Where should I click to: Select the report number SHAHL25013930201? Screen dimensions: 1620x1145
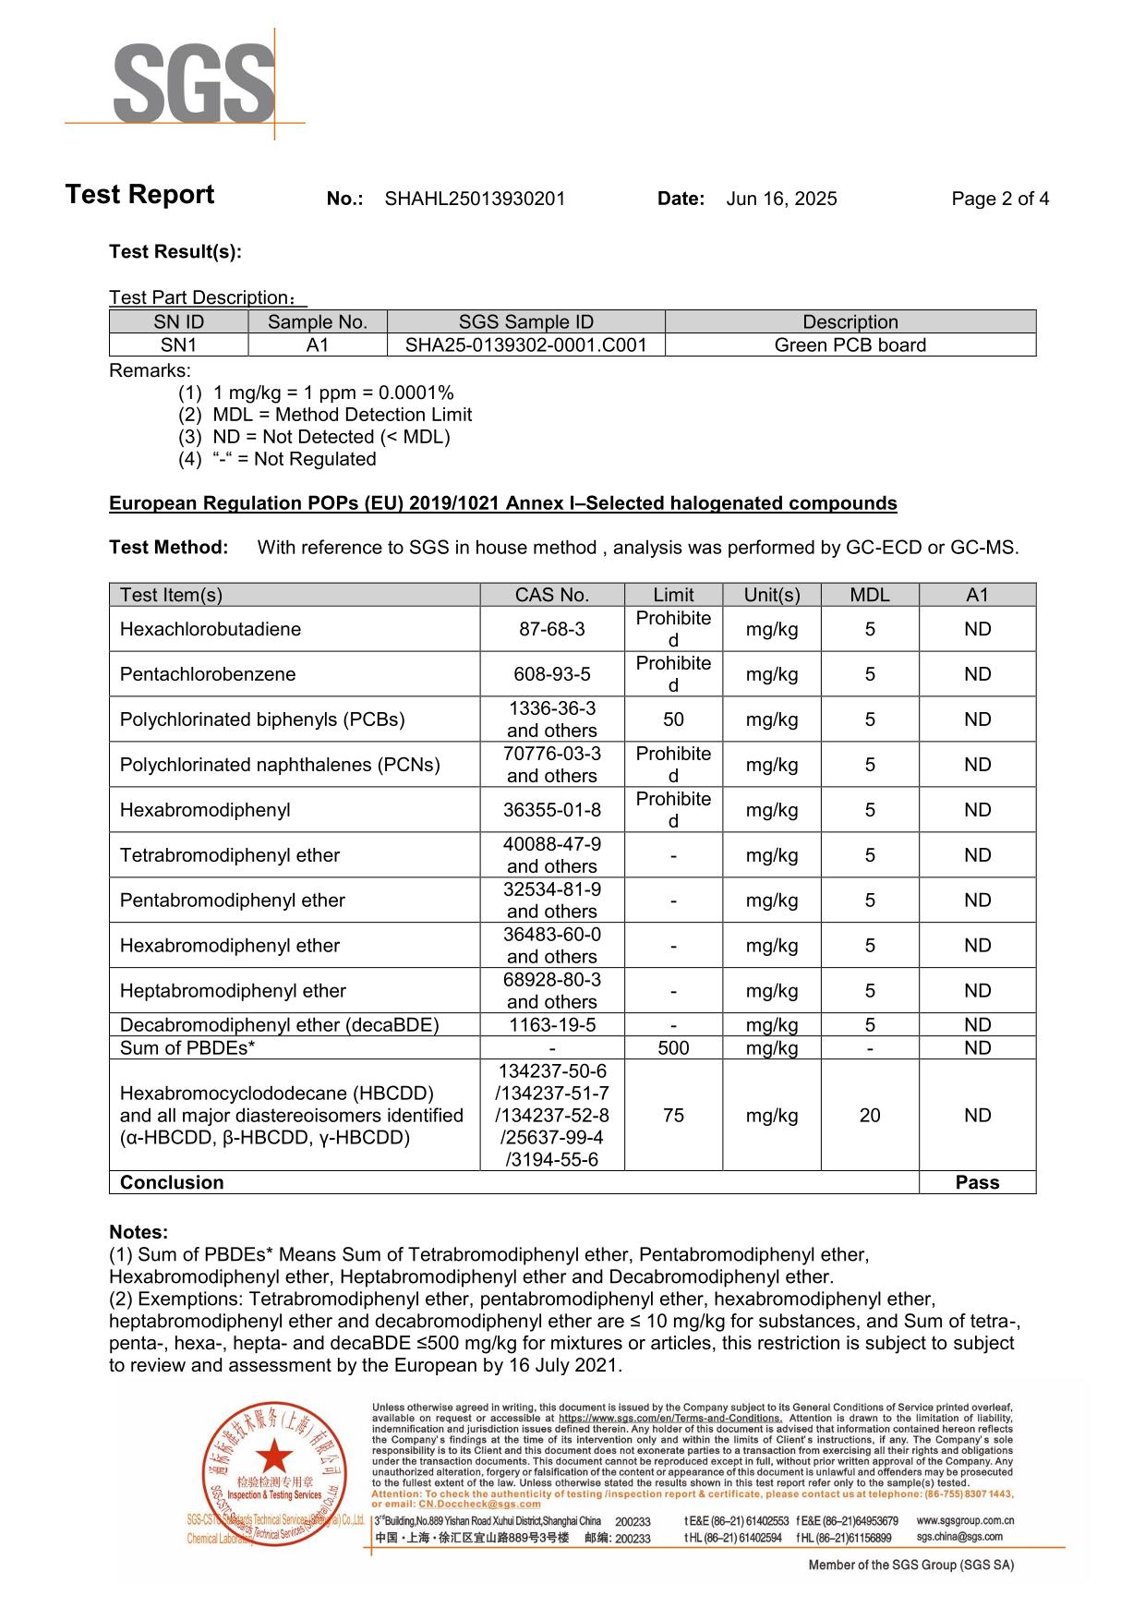[x=475, y=199]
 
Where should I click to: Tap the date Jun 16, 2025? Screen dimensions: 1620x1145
[x=781, y=199]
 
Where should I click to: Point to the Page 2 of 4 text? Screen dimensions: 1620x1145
[x=1000, y=199]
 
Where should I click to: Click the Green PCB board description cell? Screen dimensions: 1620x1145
[x=850, y=345]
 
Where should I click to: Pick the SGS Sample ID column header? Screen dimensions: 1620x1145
[x=525, y=322]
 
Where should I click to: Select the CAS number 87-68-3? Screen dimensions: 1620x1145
[x=551, y=629]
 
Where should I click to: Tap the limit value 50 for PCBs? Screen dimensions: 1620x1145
[x=673, y=719]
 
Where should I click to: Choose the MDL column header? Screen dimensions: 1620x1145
[x=869, y=595]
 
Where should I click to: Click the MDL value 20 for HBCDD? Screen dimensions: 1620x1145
[x=869, y=1116]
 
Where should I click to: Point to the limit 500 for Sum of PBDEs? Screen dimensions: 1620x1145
[x=673, y=1048]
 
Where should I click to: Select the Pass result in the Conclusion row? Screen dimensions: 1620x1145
[x=977, y=1183]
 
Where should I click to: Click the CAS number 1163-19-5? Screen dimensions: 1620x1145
[x=551, y=1025]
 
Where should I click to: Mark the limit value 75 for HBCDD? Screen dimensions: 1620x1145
[x=673, y=1116]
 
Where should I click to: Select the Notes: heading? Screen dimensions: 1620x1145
[x=139, y=1232]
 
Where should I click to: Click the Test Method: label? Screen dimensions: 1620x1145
[x=168, y=548]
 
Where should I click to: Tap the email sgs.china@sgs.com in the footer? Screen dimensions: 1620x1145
[x=958, y=1537]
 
